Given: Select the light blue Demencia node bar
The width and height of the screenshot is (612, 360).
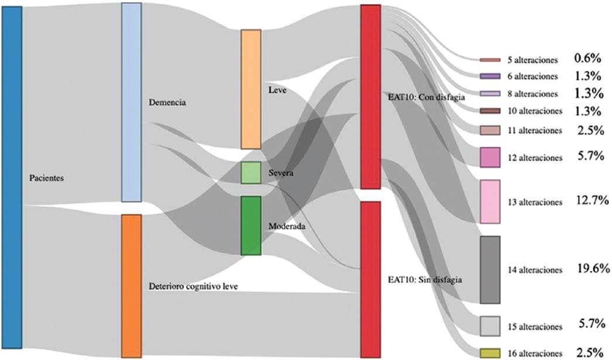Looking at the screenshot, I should pos(131,102).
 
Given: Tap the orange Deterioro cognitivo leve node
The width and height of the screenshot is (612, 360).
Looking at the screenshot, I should pos(131,285).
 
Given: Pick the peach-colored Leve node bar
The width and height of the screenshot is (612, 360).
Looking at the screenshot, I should pos(251,89).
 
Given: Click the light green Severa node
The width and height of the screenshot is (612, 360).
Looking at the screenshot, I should pos(251,173).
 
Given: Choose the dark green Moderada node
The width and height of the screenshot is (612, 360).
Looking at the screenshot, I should pos(251,225).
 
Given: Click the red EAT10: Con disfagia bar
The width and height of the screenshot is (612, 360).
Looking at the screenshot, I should pos(371,97).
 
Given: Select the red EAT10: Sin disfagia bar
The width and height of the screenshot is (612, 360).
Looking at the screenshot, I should pos(371,279).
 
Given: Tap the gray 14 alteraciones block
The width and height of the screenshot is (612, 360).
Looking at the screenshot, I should pos(490,270).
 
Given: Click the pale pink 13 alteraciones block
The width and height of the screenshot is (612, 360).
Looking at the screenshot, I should pos(490,201).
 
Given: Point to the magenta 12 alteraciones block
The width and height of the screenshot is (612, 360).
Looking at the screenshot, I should pos(490,157).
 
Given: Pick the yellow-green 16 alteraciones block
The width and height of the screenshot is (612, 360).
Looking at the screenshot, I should pos(490,353).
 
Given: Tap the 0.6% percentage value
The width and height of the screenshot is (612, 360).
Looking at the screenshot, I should pos(588,58).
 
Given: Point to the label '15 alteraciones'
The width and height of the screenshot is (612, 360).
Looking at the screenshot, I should pos(535,326).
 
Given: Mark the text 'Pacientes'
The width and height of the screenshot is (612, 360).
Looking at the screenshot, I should pos(46,177).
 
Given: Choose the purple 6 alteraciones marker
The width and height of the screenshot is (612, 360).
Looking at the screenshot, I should pos(490,76).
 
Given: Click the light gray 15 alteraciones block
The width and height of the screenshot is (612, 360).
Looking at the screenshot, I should pos(490,326).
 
